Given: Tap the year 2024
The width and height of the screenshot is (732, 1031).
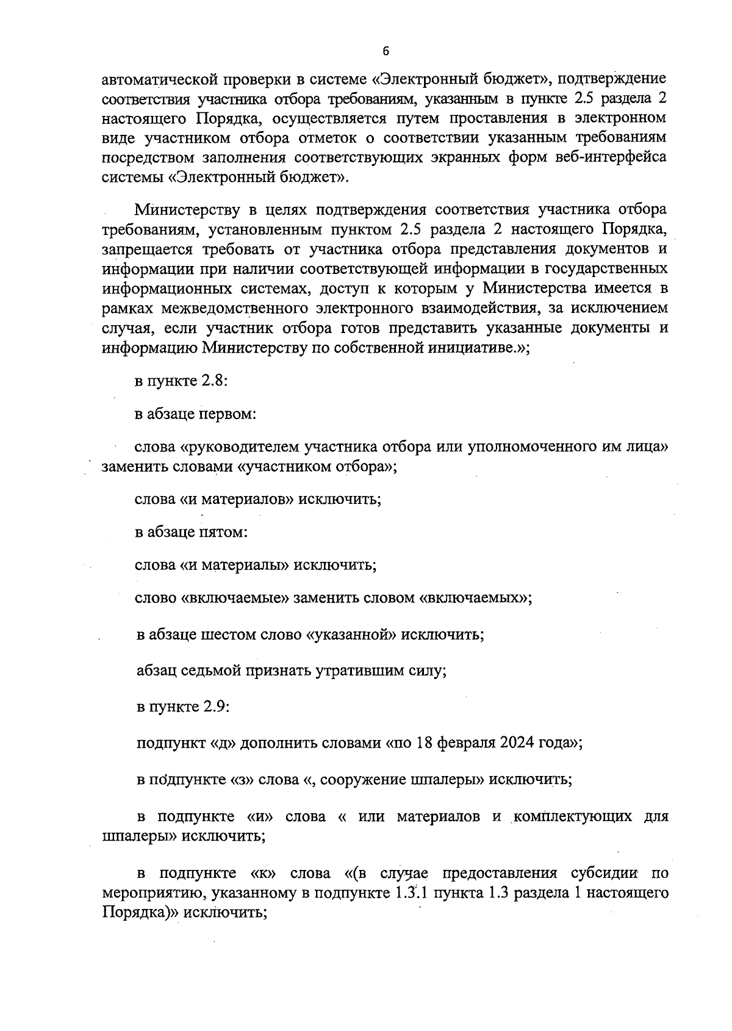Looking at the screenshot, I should tap(518, 743).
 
